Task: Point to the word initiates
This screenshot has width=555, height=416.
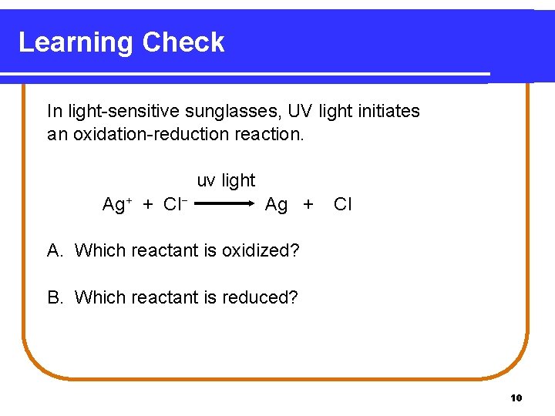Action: click(388, 111)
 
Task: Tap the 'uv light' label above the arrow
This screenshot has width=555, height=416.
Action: click(226, 180)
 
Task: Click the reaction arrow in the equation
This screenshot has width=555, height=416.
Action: click(224, 204)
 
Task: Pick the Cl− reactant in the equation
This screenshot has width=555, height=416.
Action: click(176, 204)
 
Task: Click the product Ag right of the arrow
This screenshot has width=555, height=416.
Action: click(276, 204)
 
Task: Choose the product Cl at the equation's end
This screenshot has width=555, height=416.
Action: click(342, 204)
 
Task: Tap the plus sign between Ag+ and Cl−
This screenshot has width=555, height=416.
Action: click(147, 205)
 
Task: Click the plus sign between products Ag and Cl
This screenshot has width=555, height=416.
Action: click(308, 205)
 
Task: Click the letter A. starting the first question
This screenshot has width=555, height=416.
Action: click(55, 250)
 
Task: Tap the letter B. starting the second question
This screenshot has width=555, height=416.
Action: click(55, 297)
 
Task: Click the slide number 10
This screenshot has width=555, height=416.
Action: click(516, 398)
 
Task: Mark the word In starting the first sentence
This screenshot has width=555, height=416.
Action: click(54, 111)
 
